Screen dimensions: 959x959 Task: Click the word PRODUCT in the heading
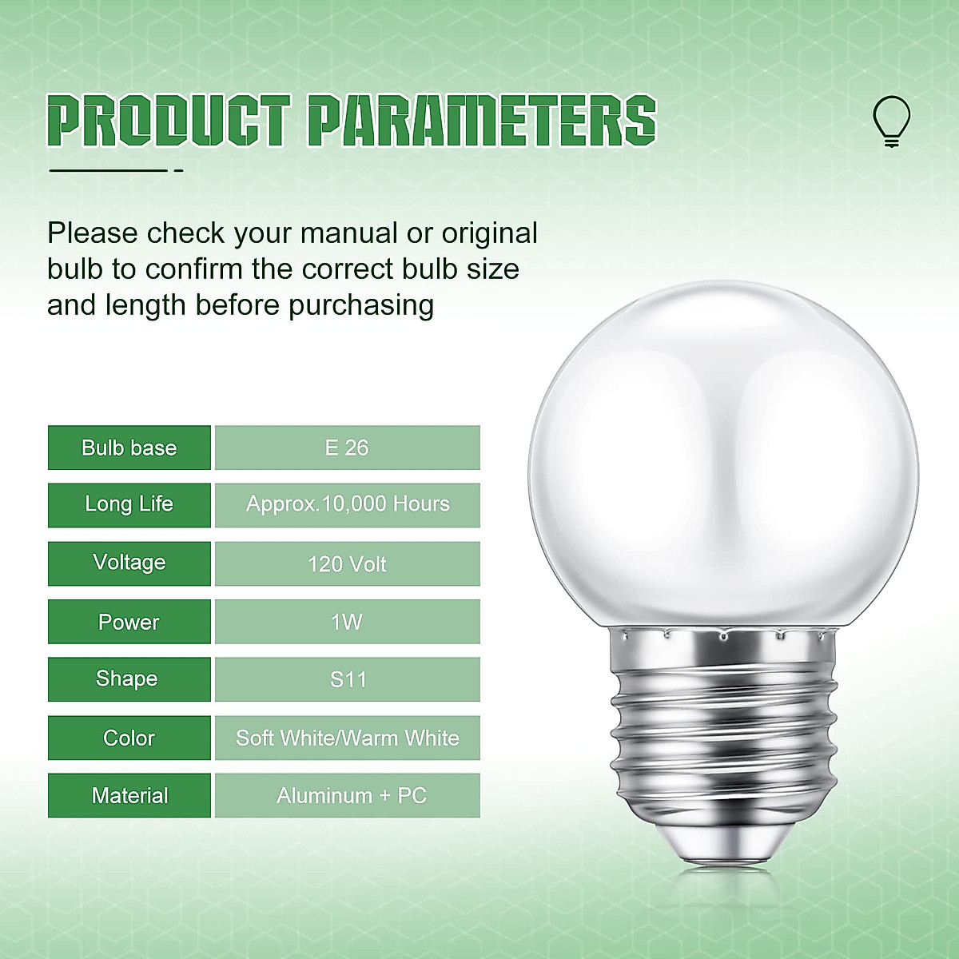pyautogui.click(x=169, y=121)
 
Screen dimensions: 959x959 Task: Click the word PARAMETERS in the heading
pyautogui.click(x=482, y=121)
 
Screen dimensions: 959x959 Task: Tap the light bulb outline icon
pyautogui.click(x=891, y=121)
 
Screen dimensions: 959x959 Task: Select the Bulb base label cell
pyautogui.click(x=129, y=448)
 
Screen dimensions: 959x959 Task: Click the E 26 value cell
pyautogui.click(x=348, y=448)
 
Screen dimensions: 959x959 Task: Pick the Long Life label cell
pyautogui.click(x=129, y=504)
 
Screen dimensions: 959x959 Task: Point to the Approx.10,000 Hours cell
pyautogui.click(x=348, y=504)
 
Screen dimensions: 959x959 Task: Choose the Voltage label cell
pyautogui.click(x=129, y=563)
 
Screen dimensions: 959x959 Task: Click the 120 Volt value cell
pyautogui.click(x=348, y=563)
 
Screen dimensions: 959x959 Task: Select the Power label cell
pyautogui.click(x=129, y=622)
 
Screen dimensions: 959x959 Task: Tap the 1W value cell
pyautogui.click(x=348, y=622)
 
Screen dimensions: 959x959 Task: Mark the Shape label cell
pyautogui.click(x=129, y=679)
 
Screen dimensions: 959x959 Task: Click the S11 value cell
pyautogui.click(x=348, y=679)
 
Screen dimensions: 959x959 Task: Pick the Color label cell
pyautogui.click(x=129, y=738)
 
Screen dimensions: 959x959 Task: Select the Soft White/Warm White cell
pyautogui.click(x=348, y=738)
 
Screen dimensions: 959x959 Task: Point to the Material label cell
pyautogui.click(x=129, y=795)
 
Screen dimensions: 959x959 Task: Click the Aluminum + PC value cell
pyautogui.click(x=348, y=795)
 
